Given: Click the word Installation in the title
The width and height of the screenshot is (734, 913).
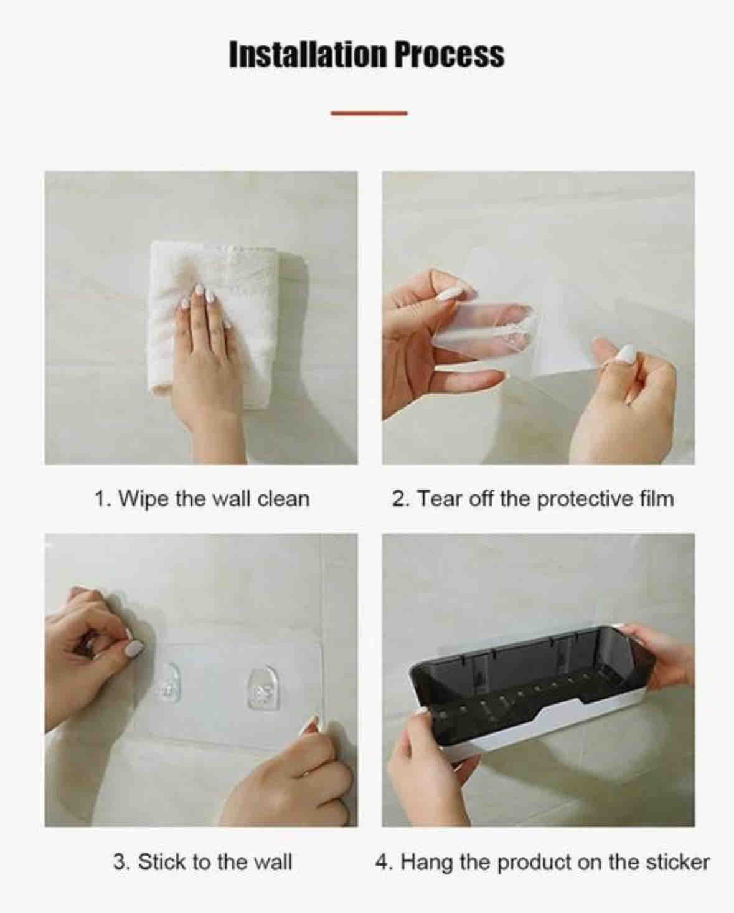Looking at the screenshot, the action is [308, 55].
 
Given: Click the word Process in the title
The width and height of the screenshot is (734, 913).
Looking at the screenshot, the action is [449, 55].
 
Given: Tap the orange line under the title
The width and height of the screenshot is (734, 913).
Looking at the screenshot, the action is [369, 113].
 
